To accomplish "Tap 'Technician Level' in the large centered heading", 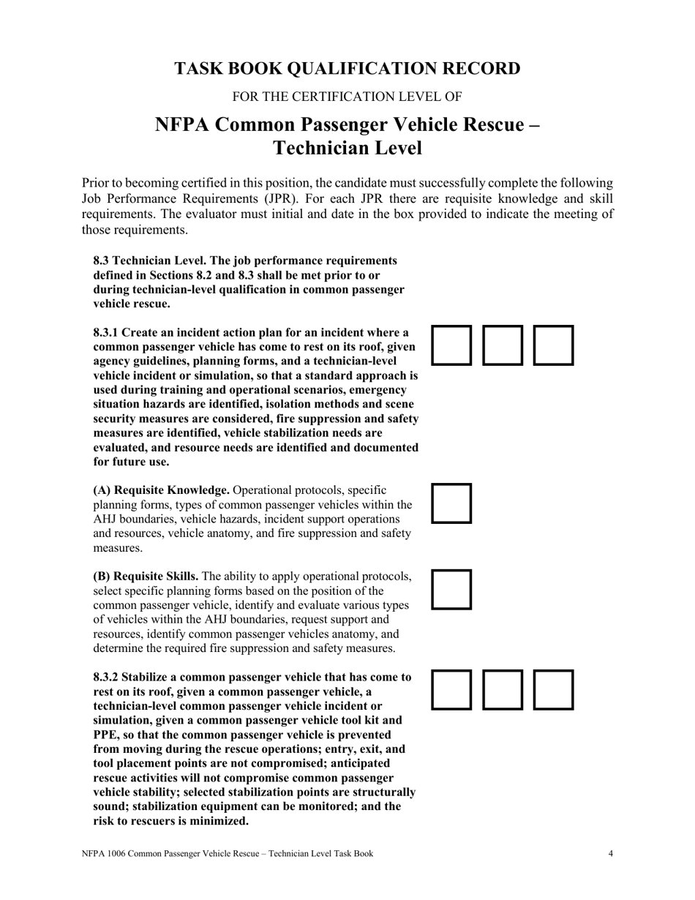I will pos(347,148).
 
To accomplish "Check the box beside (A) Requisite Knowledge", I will pos(451,503).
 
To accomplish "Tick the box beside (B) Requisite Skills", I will pos(451,589).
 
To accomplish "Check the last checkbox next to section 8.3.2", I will pos(553,690).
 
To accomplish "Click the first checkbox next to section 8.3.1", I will pos(451,345).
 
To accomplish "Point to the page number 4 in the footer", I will pos(610,853).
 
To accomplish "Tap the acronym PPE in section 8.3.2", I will pos(107,735).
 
